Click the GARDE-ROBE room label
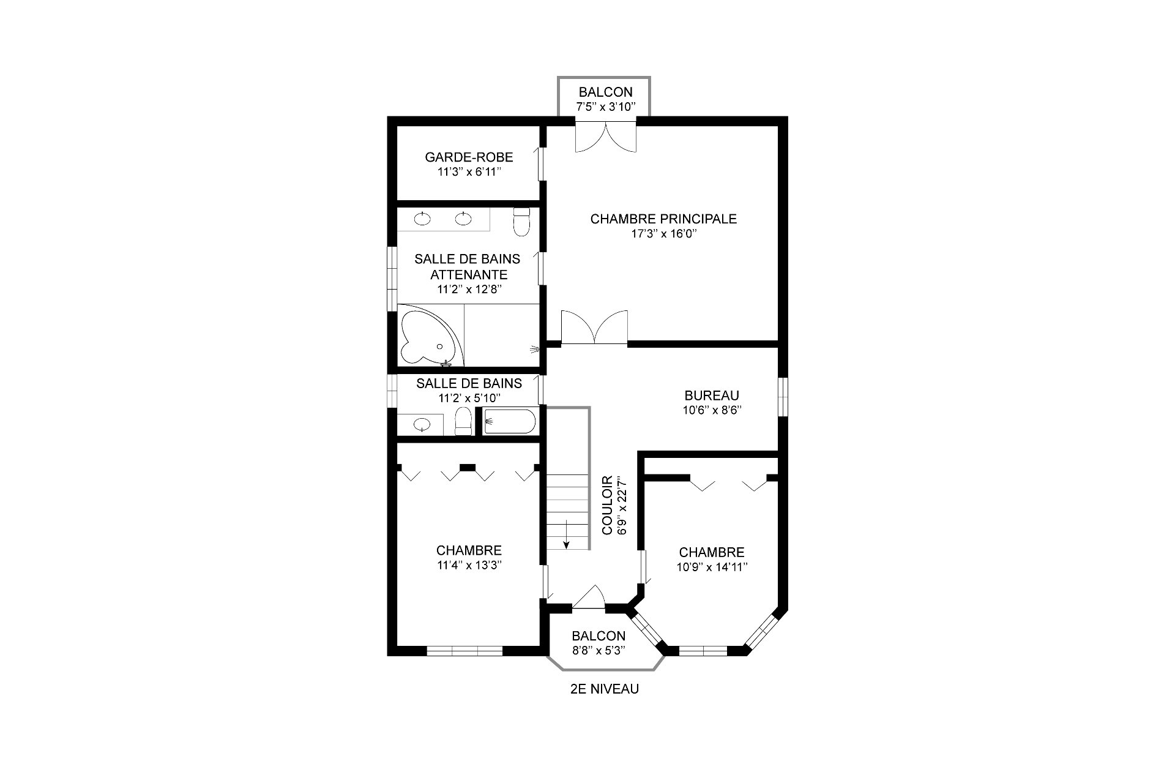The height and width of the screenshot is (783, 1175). pyautogui.click(x=469, y=157)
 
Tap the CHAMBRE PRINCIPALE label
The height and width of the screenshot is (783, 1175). pyautogui.click(x=663, y=219)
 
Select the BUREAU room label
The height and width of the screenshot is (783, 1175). pyautogui.click(x=712, y=395)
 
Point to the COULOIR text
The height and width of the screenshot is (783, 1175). pyautogui.click(x=608, y=506)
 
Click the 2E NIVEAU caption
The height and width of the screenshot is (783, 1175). pyautogui.click(x=604, y=689)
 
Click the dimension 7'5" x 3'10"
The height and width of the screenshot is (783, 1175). pyautogui.click(x=605, y=107)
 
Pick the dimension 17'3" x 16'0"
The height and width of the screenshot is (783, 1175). pyautogui.click(x=663, y=233)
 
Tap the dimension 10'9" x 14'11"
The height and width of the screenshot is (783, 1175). pyautogui.click(x=712, y=567)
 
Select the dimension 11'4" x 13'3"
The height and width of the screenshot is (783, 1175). pyautogui.click(x=469, y=565)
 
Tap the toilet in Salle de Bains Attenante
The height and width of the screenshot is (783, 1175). pyautogui.click(x=521, y=222)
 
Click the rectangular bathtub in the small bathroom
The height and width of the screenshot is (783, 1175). pyautogui.click(x=509, y=422)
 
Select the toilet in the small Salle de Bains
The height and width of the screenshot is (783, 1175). pyautogui.click(x=463, y=422)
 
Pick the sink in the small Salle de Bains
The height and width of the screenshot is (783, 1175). pyautogui.click(x=421, y=424)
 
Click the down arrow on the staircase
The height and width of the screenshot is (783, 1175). pyautogui.click(x=567, y=533)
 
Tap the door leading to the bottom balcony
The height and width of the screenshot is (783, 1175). pyautogui.click(x=588, y=598)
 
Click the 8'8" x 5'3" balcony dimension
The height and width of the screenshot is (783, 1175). pyautogui.click(x=599, y=651)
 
